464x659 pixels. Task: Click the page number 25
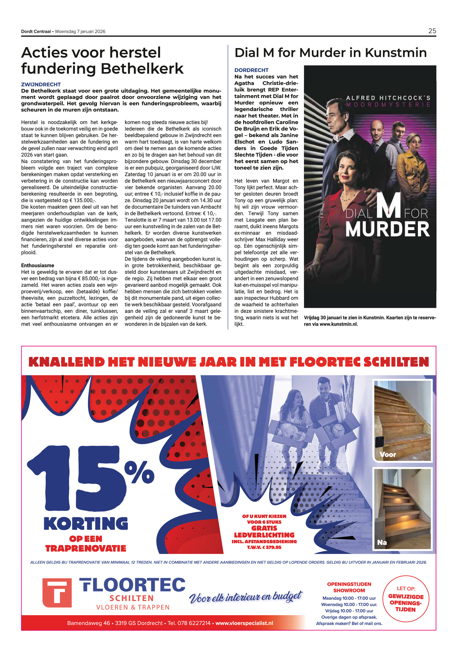tap(432, 31)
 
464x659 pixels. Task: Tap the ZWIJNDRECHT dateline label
tap(41, 84)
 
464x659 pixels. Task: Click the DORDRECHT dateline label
tap(251, 70)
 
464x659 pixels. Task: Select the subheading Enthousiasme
tap(38, 265)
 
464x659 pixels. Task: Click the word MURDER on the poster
tap(387, 229)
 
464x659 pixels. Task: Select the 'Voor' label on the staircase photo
tap(388, 454)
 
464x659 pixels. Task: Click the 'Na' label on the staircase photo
tap(382, 542)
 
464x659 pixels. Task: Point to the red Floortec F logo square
tap(57, 593)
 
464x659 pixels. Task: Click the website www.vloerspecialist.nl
tap(244, 623)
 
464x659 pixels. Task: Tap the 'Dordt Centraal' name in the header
tap(36, 31)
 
